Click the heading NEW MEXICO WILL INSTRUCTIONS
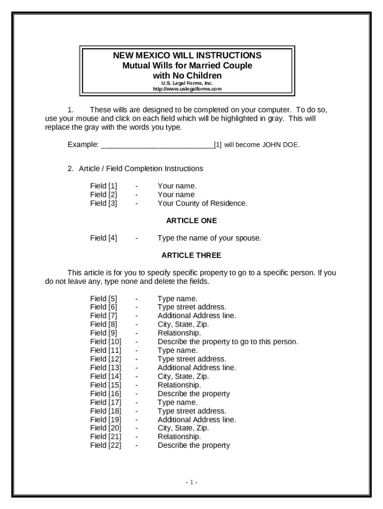pos(187,56)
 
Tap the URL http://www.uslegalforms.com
pos(187,89)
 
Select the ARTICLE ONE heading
pos(191,221)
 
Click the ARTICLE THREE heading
pos(191,255)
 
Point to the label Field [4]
pos(103,238)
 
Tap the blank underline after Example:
pos(157,145)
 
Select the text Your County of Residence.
pos(202,203)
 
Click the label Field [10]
pos(105,342)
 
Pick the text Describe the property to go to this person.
pos(228,342)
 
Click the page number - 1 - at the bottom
pos(191,482)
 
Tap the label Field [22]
pos(105,445)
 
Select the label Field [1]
pos(103,186)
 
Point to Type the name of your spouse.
pos(209,238)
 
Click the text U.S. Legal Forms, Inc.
pos(187,84)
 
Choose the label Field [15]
pos(105,385)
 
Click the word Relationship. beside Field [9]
pos(179,333)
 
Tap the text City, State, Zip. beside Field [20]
pos(183,428)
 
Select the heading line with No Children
pos(187,76)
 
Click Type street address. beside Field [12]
pos(191,359)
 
